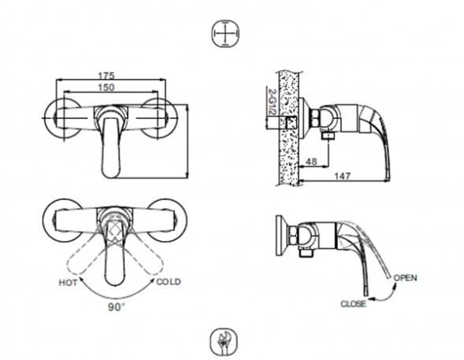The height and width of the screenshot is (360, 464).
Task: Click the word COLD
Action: (x=169, y=281)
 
